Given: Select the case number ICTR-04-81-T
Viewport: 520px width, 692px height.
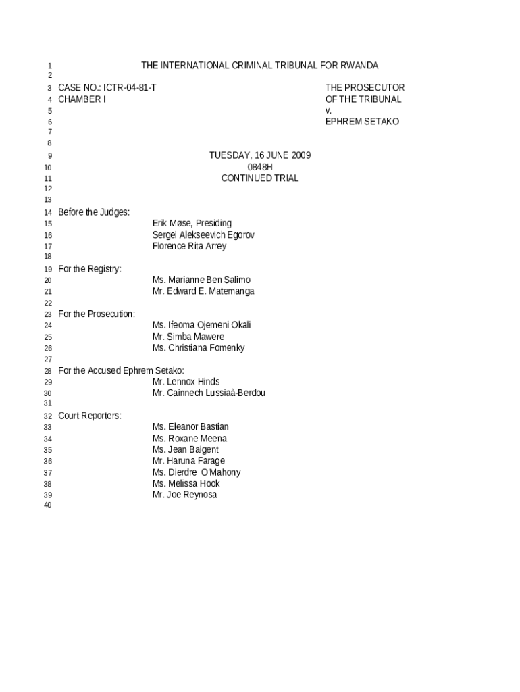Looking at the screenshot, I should tap(130, 88).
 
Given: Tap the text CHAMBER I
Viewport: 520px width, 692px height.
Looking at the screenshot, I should tap(82, 99).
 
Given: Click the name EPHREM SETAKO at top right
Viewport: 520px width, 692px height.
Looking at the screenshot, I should tap(362, 122).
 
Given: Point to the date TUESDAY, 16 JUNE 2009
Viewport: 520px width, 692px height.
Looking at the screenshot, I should tap(260, 155).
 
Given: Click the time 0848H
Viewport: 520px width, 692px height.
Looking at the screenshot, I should tap(260, 167).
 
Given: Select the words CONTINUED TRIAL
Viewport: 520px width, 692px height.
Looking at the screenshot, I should tap(260, 178).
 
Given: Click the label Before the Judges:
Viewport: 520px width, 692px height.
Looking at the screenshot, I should tap(94, 212).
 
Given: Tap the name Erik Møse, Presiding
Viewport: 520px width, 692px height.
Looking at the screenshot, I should tap(192, 224).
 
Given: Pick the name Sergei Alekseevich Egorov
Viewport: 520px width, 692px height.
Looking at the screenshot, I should tap(203, 235).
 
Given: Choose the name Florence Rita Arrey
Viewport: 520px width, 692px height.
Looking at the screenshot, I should tap(189, 246).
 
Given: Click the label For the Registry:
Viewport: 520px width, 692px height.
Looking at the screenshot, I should tap(90, 269).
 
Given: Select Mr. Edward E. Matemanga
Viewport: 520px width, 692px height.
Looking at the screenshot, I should tap(203, 291).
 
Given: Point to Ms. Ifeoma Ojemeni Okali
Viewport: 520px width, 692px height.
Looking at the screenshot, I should tap(201, 325).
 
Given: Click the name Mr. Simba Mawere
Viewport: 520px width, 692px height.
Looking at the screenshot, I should tap(188, 337).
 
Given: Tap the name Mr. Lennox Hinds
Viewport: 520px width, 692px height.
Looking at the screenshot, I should tap(186, 382).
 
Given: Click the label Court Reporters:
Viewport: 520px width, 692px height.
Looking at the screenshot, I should tap(90, 416).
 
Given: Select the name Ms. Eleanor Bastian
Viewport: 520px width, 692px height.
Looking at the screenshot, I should tap(190, 427).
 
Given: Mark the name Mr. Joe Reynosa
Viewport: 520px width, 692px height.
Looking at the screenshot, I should tap(184, 495).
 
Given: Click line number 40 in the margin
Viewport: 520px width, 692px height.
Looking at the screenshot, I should tap(47, 506).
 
